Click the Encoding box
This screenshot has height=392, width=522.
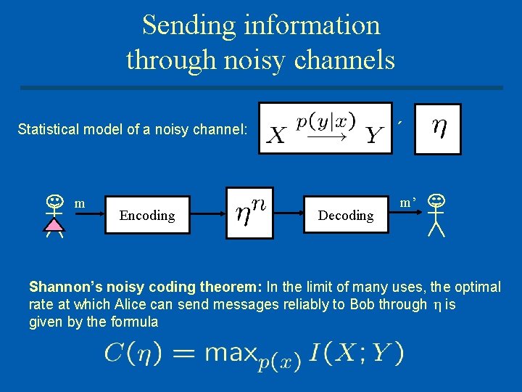(x=147, y=215)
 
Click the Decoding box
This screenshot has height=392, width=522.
(x=346, y=215)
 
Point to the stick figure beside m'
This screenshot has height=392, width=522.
(x=436, y=215)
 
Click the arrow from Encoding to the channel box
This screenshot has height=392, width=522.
(x=209, y=214)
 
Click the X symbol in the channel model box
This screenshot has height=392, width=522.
(x=277, y=136)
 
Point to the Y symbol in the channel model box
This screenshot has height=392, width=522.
(x=373, y=135)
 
